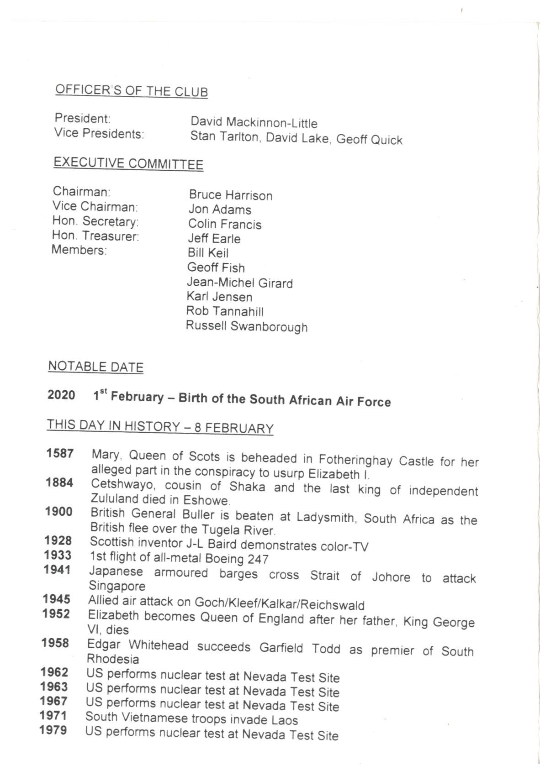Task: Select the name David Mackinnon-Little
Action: pos(254,122)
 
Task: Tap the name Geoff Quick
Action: pos(369,139)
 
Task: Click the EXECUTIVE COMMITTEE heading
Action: pos(128,163)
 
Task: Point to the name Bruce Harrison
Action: pos(230,195)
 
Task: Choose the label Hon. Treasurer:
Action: pos(95,236)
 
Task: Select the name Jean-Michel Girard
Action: pos(239,283)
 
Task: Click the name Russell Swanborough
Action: pos(247,327)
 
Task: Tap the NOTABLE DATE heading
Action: pos(95,367)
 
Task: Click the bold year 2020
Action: pos(61,395)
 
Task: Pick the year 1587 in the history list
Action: pos(59,453)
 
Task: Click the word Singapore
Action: pos(116,586)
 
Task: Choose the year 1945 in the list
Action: pos(57,599)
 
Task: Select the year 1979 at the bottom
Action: pos(53,730)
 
